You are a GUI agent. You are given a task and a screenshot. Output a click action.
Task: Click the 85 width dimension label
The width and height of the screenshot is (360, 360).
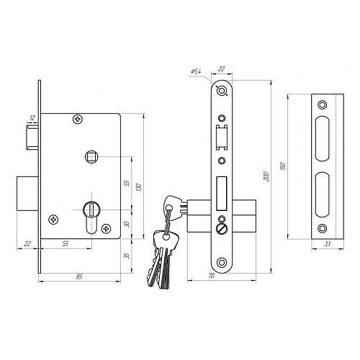pos(79,276)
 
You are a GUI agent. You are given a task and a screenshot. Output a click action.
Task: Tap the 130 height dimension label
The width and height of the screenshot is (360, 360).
pos(139,187)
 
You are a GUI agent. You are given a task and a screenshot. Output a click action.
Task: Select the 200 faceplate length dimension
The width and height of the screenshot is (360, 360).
pos(266,176)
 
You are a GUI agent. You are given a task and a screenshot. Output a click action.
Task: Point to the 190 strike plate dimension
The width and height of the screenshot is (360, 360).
pos(283,166)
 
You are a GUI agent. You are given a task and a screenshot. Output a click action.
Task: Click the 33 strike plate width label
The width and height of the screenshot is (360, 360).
pos(327,244)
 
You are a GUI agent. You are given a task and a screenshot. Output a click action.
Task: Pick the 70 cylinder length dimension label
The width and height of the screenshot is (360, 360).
pos(211,276)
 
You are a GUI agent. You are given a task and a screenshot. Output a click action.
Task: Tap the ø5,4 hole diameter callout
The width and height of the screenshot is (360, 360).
pos(197,71)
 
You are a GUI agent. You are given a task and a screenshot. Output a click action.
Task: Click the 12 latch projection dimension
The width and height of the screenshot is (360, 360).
pos(32,118)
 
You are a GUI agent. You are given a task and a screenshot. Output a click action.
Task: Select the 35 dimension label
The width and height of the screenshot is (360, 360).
pos(127,256)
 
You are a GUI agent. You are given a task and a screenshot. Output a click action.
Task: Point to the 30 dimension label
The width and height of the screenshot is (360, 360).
pos(127,224)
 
